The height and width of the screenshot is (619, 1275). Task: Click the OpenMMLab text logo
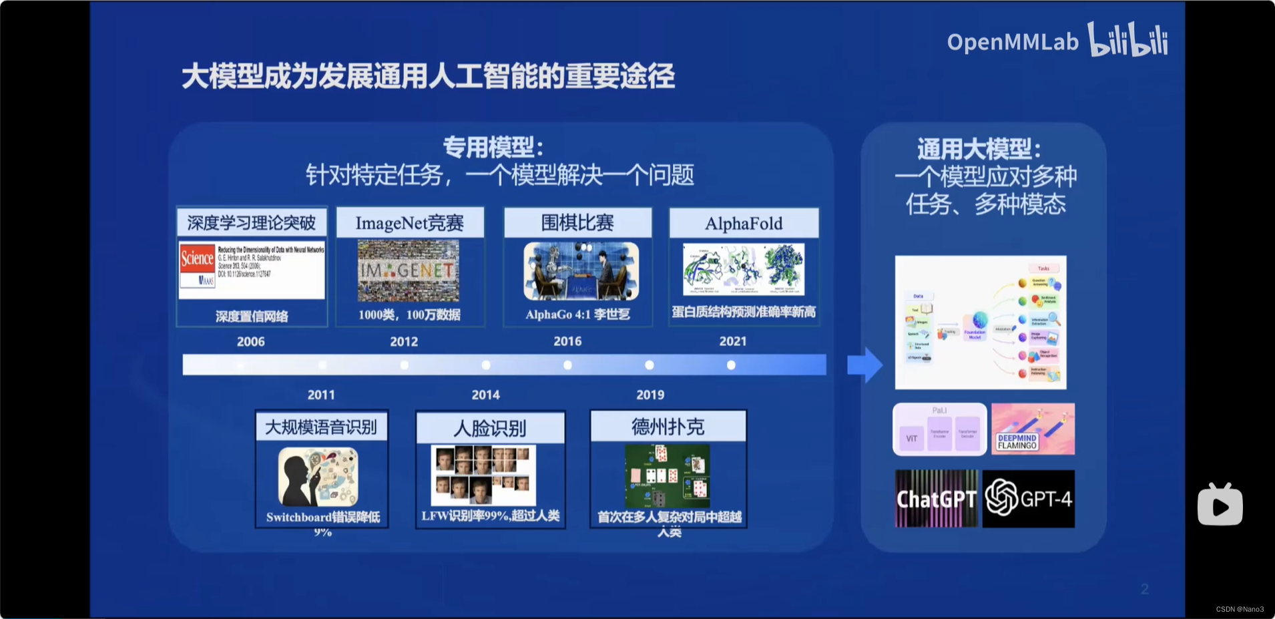pyautogui.click(x=1012, y=42)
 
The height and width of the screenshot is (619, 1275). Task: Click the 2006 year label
pyautogui.click(x=251, y=342)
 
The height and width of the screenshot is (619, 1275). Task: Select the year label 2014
pyautogui.click(x=485, y=395)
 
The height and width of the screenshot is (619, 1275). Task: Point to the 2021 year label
pyautogui.click(x=732, y=341)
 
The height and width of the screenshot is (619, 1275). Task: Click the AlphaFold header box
pyautogui.click(x=744, y=223)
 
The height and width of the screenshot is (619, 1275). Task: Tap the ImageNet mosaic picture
pyautogui.click(x=409, y=270)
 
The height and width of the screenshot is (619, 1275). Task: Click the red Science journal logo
pyautogui.click(x=197, y=258)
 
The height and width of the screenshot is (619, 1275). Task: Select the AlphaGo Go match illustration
pyautogui.click(x=581, y=270)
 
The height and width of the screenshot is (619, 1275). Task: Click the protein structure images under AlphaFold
pyautogui.click(x=744, y=269)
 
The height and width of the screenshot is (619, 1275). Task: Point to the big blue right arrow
pyautogui.click(x=864, y=365)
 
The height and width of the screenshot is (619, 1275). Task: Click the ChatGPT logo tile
pyautogui.click(x=936, y=499)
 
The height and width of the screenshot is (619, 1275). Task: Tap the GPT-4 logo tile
pyautogui.click(x=1029, y=499)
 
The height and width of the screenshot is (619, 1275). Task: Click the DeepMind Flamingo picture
pyautogui.click(x=1033, y=429)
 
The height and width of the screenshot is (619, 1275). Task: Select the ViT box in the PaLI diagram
pyautogui.click(x=911, y=439)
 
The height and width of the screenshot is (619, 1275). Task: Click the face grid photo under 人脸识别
pyautogui.click(x=483, y=475)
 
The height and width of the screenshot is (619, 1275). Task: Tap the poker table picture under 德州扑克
pyautogui.click(x=667, y=476)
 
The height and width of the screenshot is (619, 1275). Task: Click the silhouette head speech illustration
pyautogui.click(x=318, y=477)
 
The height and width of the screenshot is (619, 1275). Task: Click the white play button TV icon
pyautogui.click(x=1220, y=505)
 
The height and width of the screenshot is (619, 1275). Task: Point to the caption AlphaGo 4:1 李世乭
pyautogui.click(x=577, y=314)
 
